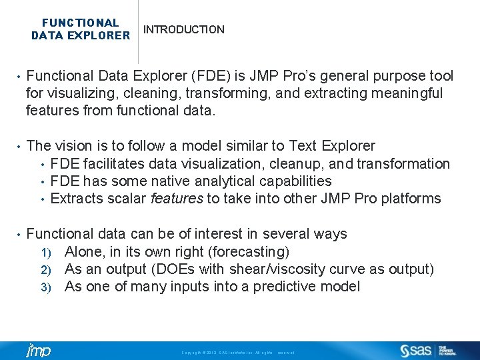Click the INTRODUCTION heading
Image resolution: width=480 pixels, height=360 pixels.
tap(184, 30)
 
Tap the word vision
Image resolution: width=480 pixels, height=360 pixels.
tap(72, 146)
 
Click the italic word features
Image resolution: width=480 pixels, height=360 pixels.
tap(177, 198)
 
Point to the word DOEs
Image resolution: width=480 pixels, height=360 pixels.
tap(178, 269)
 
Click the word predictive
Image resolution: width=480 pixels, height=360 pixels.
tap(291, 286)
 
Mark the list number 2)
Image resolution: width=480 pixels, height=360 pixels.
tap(47, 269)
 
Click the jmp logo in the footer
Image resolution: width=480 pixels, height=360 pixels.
tap(38, 351)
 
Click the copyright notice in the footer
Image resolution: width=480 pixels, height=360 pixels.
tap(238, 352)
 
